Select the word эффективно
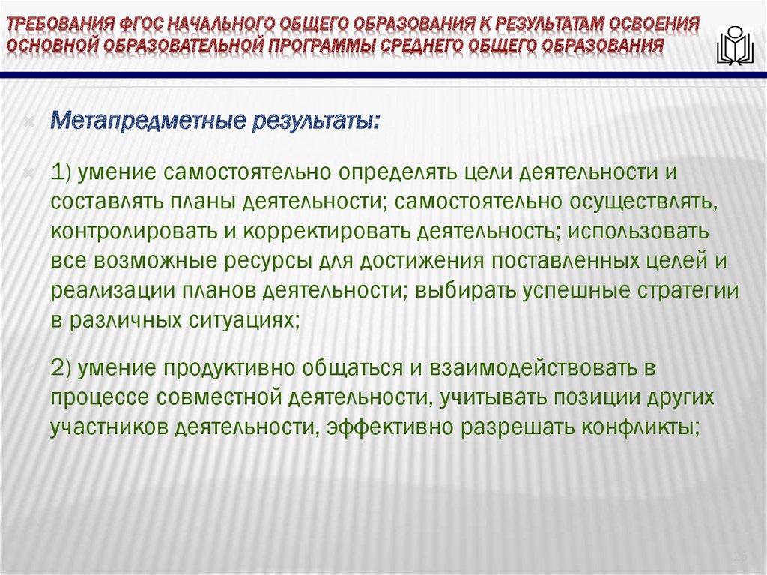tap(404, 427)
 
